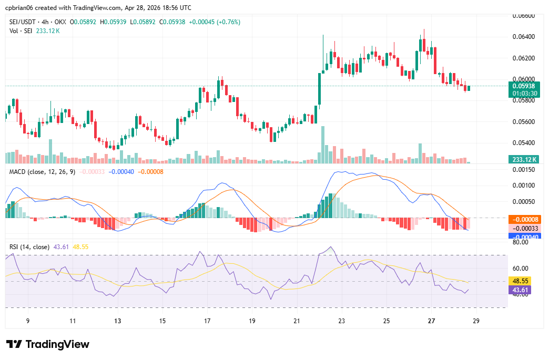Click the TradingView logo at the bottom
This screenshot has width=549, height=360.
[48, 344]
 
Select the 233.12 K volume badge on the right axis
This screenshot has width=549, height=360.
[523, 159]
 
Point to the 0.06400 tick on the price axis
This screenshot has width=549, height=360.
[523, 36]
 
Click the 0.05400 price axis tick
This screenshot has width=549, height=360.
[523, 142]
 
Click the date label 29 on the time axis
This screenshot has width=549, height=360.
[476, 321]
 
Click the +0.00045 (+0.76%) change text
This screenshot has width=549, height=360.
[217, 22]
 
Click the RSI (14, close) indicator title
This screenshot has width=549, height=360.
[29, 246]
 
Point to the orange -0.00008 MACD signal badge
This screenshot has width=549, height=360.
[523, 220]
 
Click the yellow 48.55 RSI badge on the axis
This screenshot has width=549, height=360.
[523, 281]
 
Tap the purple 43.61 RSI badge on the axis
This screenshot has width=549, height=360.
[523, 290]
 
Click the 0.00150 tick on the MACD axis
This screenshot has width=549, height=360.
[523, 169]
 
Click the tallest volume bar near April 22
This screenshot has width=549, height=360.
[323, 145]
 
